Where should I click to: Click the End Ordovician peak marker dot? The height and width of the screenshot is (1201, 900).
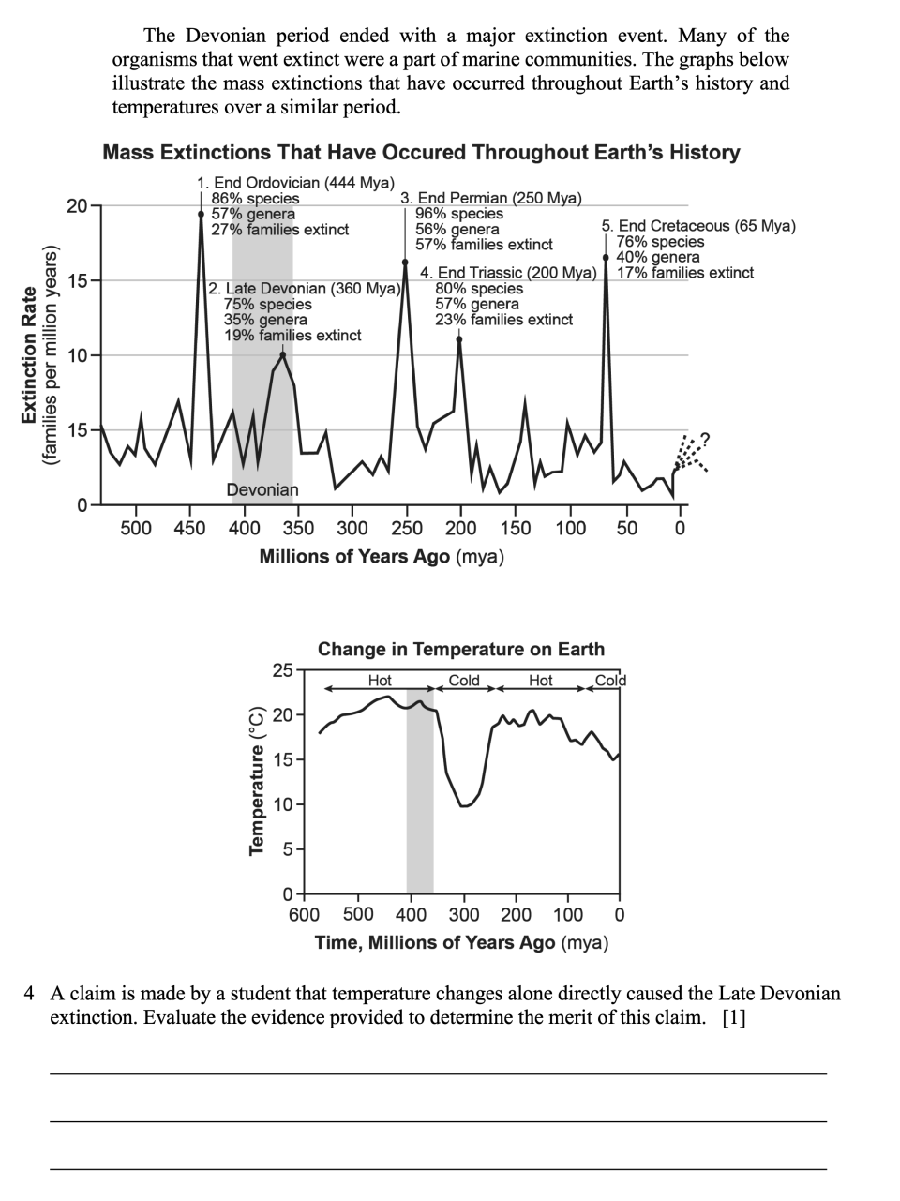click(201, 215)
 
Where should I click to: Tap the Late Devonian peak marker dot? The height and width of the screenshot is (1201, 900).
click(283, 355)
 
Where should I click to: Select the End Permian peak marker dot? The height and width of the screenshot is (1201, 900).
click(405, 263)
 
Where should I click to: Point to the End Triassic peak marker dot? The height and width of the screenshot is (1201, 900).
click(459, 339)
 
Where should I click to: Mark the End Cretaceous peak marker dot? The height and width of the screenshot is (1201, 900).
click(606, 257)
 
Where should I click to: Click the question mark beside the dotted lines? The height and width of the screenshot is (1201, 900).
click(705, 439)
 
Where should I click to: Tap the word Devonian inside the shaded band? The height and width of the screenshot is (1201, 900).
click(262, 489)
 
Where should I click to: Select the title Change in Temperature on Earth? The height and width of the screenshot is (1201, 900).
click(461, 649)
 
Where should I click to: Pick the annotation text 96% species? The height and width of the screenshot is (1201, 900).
click(459, 214)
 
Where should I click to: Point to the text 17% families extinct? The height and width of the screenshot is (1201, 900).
click(685, 273)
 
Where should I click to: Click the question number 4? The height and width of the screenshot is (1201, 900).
click(29, 993)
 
